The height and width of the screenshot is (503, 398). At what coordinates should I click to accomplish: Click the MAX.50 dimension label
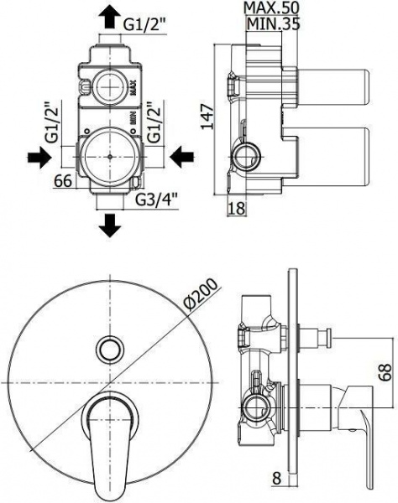(271, 8)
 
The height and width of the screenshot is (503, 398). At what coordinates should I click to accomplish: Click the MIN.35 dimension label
(273, 23)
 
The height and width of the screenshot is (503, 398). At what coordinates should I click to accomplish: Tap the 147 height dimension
(207, 117)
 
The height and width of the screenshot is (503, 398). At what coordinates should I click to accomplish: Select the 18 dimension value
(237, 208)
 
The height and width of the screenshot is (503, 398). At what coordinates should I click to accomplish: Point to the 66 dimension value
(63, 181)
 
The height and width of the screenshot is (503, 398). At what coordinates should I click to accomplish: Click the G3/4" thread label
(156, 200)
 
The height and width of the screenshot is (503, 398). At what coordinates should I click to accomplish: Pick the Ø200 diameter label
(201, 294)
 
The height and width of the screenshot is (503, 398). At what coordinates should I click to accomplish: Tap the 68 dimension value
(385, 371)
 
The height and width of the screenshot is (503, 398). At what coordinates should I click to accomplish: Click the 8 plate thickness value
(276, 486)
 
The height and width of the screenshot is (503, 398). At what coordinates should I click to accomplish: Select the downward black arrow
(110, 226)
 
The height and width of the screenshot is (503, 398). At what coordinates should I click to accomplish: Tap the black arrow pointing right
(39, 158)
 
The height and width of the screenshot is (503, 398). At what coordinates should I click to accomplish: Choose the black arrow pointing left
(181, 158)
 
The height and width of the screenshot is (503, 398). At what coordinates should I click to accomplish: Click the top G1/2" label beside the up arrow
(145, 24)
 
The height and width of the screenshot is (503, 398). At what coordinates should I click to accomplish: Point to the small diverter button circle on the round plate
(110, 350)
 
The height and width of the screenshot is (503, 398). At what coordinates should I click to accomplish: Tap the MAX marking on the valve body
(133, 88)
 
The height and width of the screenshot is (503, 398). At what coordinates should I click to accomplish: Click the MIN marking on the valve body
(133, 117)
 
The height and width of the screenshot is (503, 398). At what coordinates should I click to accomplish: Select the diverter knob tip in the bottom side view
(328, 337)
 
